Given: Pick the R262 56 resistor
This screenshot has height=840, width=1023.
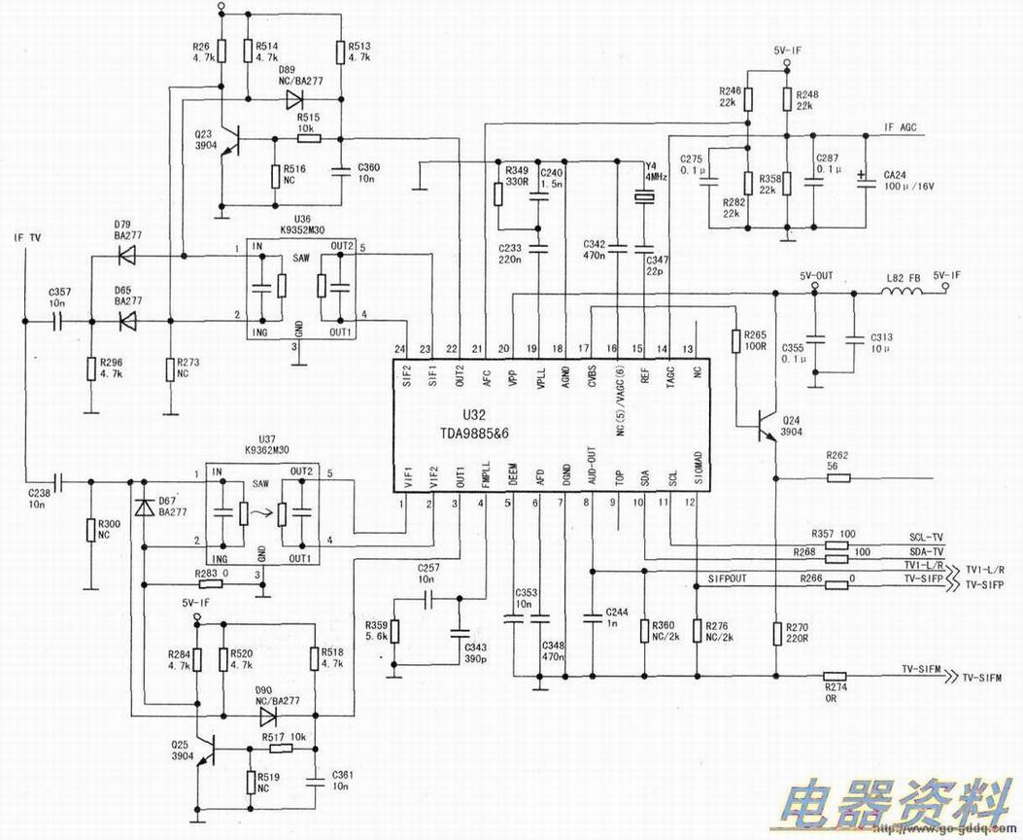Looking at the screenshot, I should pos(836,478).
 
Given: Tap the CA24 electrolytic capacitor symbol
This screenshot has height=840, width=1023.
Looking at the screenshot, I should pos(863,183).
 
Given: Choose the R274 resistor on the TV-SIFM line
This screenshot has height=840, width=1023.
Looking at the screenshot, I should pos(835,677).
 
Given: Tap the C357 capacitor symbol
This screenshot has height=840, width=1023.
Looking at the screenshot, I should pos(56,319).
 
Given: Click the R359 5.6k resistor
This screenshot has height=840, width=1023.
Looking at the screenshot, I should pos(394,633).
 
